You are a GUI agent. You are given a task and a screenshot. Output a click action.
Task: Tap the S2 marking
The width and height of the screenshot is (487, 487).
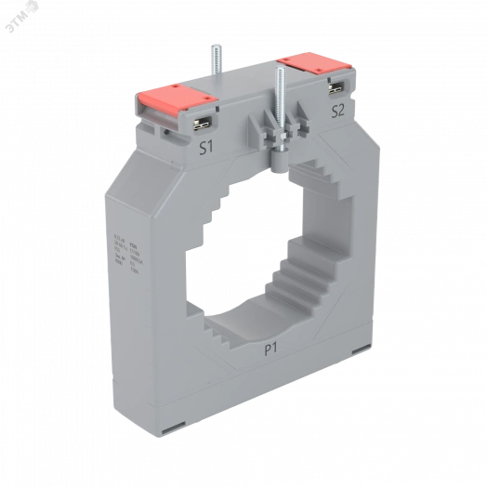(x=338, y=110)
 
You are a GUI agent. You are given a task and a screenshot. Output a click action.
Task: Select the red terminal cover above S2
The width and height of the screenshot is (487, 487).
(x=315, y=66)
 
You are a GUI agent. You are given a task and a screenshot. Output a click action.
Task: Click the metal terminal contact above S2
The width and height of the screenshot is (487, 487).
(x=334, y=89)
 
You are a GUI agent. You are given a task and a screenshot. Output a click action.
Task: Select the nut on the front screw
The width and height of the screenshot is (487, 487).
(x=278, y=145)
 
